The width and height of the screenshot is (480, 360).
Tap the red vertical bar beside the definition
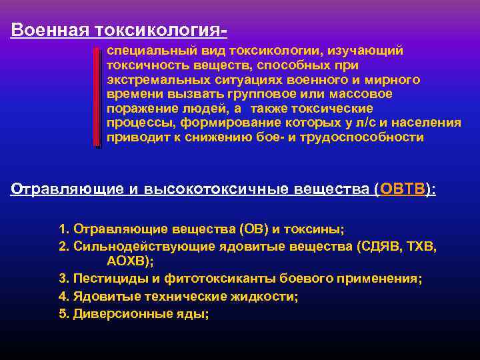[x=97, y=97]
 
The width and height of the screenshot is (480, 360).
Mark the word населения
[x=430, y=123]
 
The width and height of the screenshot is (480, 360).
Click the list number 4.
[x=64, y=296]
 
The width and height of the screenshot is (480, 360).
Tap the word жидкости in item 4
[x=267, y=296]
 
